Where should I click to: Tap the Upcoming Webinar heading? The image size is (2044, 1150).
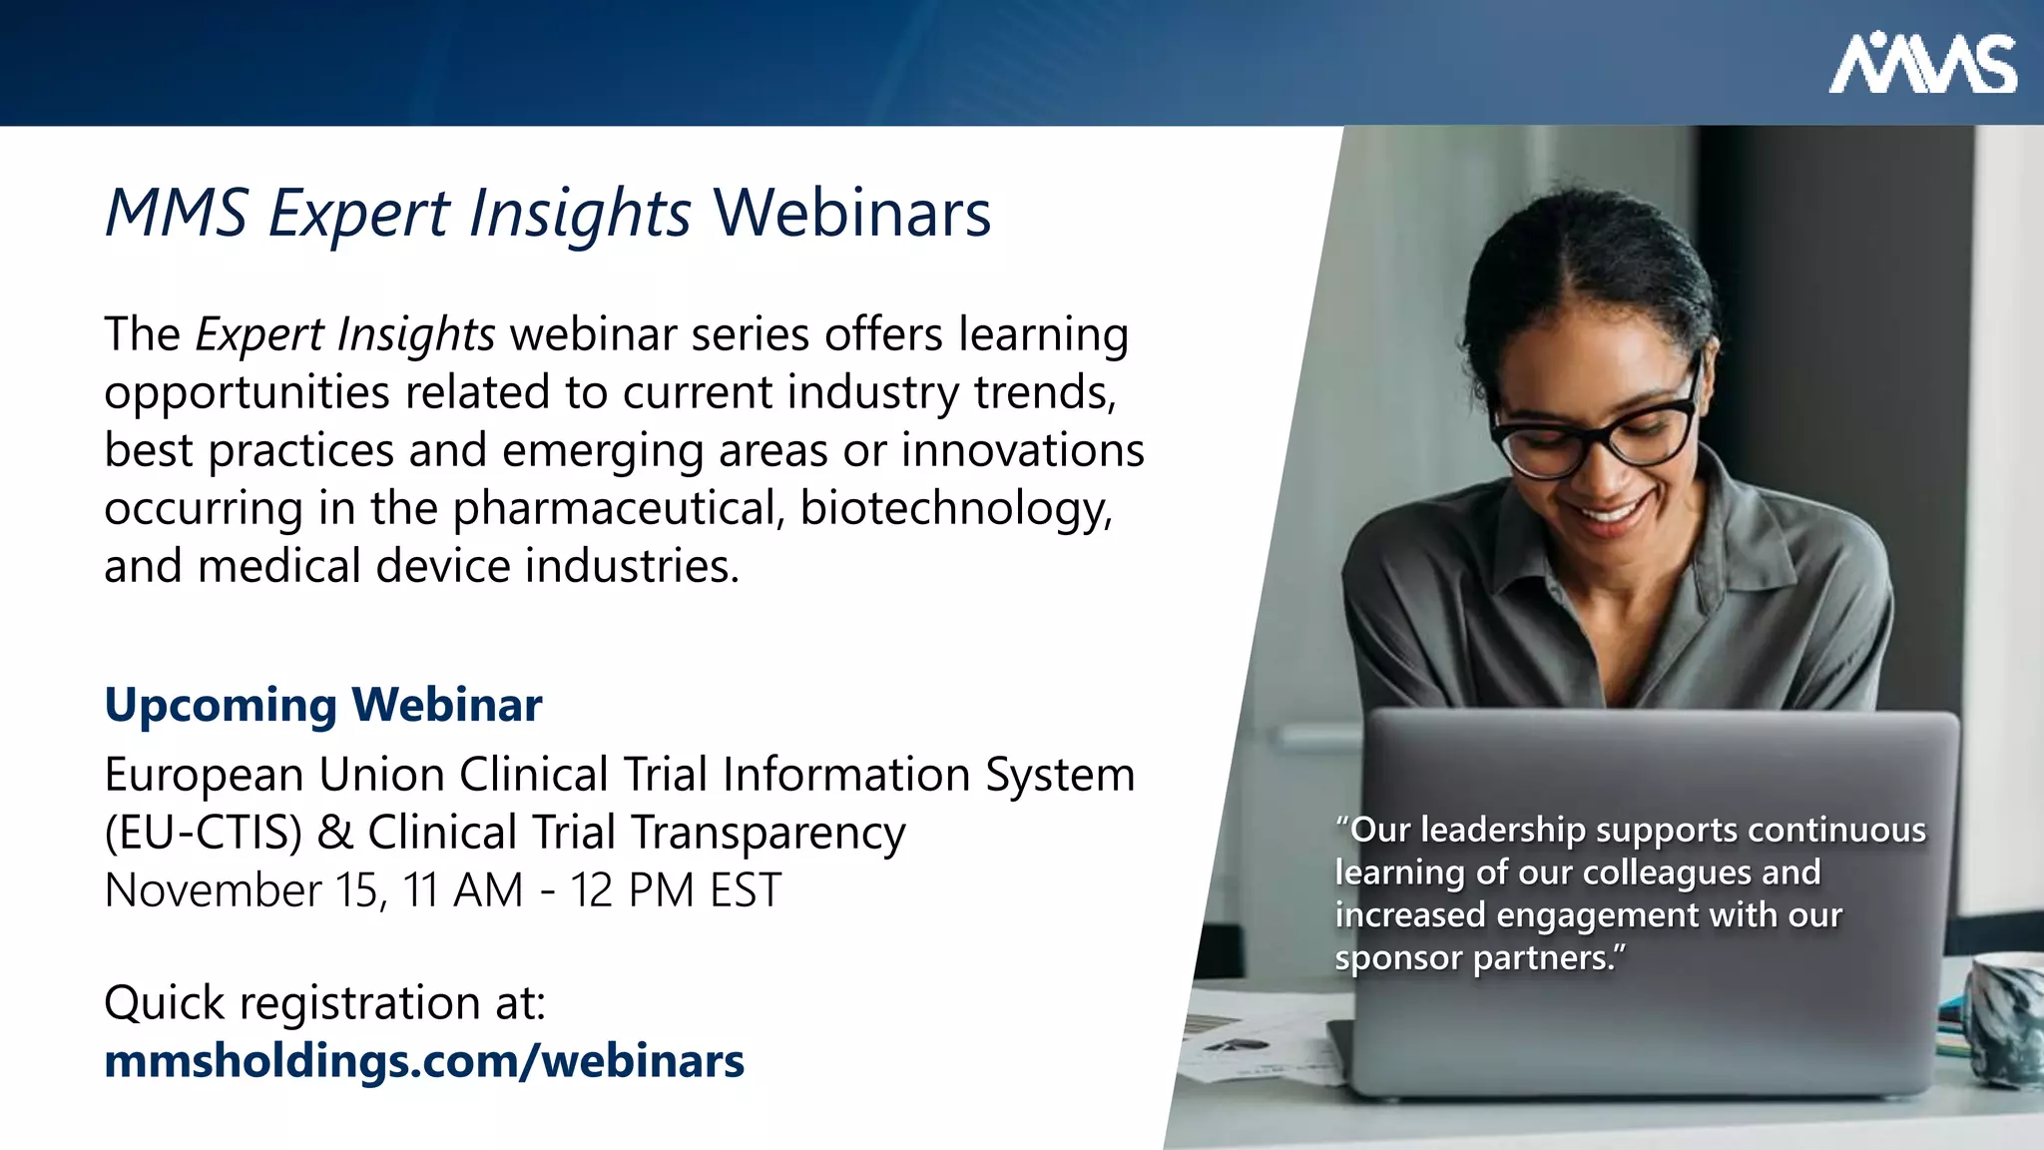[x=323, y=705]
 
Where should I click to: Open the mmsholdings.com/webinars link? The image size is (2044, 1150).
[x=424, y=1060]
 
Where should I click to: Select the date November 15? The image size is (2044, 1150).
[x=244, y=890]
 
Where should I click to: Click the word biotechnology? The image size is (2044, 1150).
[x=955, y=508]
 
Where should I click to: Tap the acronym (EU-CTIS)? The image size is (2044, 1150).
[x=203, y=833]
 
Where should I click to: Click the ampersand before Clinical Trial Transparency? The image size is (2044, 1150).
[x=334, y=833]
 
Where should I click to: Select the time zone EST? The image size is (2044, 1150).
[x=745, y=890]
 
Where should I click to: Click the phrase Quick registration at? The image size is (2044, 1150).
[x=324, y=1002]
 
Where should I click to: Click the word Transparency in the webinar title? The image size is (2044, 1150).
[x=768, y=833]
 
